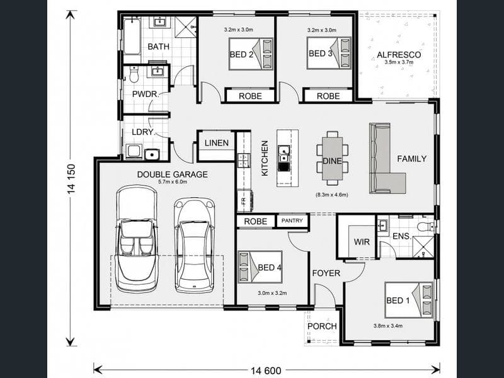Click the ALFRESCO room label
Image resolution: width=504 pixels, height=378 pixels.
coord(399,55)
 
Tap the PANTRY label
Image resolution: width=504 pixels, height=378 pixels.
coord(292,220)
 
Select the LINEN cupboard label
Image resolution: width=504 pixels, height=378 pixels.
coord(217,143)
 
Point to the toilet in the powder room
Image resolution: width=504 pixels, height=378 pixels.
coord(134,74)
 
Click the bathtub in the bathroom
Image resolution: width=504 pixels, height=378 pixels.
coord(132,37)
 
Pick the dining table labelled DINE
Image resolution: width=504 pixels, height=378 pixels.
coord(333,159)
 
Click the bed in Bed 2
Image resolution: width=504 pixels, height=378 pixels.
coord(251,54)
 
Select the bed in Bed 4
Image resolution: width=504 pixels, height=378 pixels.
coord(260,267)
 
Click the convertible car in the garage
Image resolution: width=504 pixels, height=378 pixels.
coord(137,239)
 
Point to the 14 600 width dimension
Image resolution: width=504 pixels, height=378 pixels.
coord(266,370)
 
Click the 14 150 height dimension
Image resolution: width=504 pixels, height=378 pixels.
coord(71,178)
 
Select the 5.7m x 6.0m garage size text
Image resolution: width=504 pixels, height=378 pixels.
coord(173,182)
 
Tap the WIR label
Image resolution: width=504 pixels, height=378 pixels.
coord(362,242)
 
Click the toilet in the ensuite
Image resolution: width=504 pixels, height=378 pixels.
coord(426,227)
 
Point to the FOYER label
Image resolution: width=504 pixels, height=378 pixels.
coord(326,273)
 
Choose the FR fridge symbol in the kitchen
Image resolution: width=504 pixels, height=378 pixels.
coord(244,201)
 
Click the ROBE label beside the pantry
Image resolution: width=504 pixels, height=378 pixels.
coord(256,222)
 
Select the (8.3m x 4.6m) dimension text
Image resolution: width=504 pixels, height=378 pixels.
coord(332,195)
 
